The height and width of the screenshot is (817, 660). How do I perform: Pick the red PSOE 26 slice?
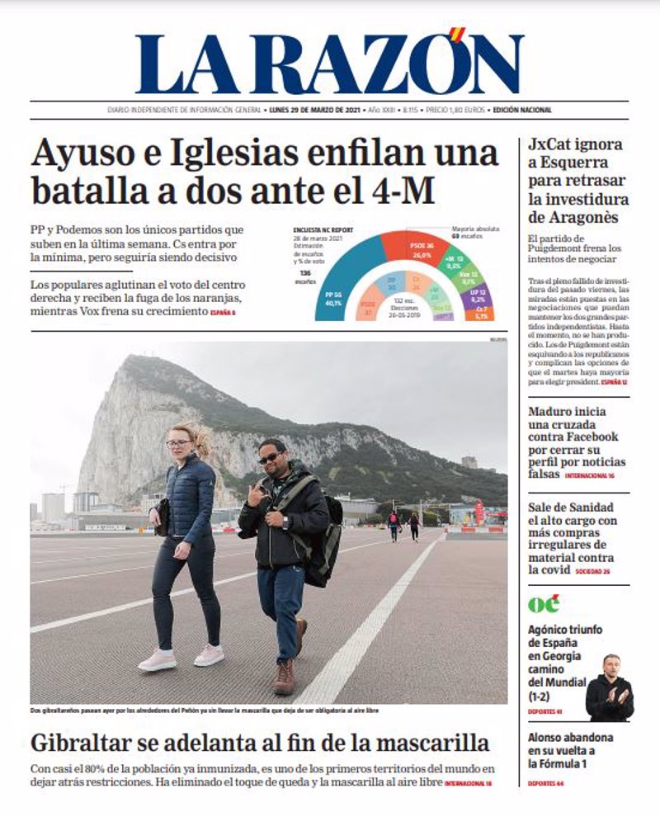pyautogui.click(x=417, y=247)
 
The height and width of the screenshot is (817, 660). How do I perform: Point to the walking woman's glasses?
pyautogui.click(x=177, y=444)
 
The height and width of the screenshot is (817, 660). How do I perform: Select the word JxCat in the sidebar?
pyautogui.click(x=552, y=145)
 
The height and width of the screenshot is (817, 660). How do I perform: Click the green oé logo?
pyautogui.click(x=544, y=603)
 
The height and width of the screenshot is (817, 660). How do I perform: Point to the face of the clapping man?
pyautogui.click(x=610, y=666)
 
